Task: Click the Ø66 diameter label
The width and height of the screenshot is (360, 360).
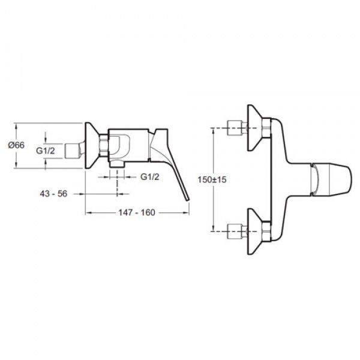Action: [x=16, y=145]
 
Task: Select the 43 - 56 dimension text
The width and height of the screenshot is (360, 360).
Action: [x=53, y=194]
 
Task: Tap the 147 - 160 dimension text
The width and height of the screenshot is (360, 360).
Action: [x=137, y=212]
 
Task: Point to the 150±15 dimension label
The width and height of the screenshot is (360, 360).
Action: [x=212, y=179]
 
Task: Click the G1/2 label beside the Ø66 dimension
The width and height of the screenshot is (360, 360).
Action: [x=46, y=151]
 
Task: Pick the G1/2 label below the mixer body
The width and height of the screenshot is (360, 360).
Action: [x=149, y=177]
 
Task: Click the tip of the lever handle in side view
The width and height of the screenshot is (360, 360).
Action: [x=188, y=200]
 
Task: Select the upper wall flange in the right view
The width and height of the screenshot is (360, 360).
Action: [x=256, y=128]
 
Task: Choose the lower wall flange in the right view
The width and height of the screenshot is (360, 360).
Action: [x=256, y=231]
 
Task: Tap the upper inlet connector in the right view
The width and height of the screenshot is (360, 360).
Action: [x=237, y=128]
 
